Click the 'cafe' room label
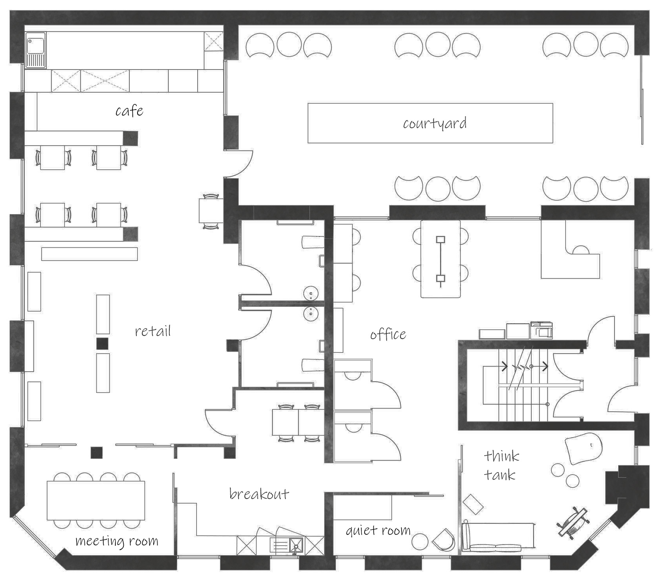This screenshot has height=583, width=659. [x=129, y=111]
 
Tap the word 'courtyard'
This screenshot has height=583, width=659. [x=435, y=123]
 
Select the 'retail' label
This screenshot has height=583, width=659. [x=153, y=331]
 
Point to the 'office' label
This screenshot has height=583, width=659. [x=388, y=334]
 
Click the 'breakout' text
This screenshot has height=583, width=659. [x=259, y=493]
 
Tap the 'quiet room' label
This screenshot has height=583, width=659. [x=378, y=531]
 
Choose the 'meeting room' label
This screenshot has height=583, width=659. [x=117, y=541]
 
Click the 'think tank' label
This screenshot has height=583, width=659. [x=501, y=466]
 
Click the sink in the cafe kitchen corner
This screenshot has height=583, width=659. [x=36, y=49]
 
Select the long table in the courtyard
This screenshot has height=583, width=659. [x=430, y=123]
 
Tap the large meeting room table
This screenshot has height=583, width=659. [x=96, y=500]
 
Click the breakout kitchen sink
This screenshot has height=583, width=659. [x=286, y=545]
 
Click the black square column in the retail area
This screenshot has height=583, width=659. [x=103, y=343]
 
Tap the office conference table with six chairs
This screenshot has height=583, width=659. [x=441, y=259]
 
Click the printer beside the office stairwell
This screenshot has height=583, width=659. [x=542, y=330]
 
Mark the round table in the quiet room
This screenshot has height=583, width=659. [x=420, y=542]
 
